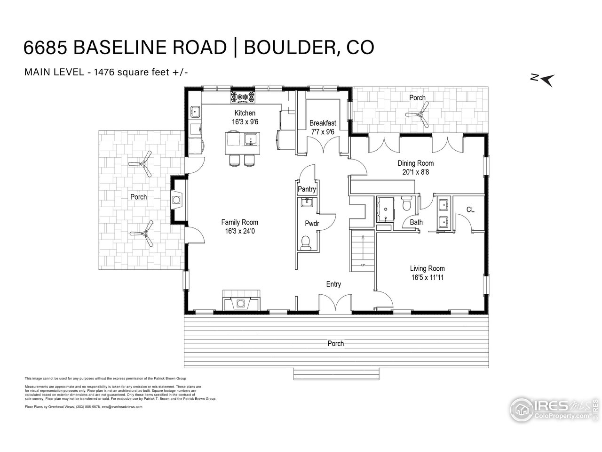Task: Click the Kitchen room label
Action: pyautogui.click(x=245, y=113)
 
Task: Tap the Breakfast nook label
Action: pyautogui.click(x=323, y=123)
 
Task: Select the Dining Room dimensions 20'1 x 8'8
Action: pyautogui.click(x=415, y=172)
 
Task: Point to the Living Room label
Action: pyautogui.click(x=427, y=269)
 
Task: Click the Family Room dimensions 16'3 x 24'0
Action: pyautogui.click(x=240, y=231)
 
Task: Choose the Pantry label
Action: pyautogui.click(x=307, y=189)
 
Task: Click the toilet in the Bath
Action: pyautogui.click(x=407, y=204)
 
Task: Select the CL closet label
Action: pyautogui.click(x=470, y=210)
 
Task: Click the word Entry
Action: pyautogui.click(x=333, y=284)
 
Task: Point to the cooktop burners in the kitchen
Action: pyautogui.click(x=242, y=97)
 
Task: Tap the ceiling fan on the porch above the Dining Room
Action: pyautogui.click(x=418, y=114)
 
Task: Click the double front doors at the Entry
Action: pyautogui.click(x=335, y=304)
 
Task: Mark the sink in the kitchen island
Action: pyautogui.click(x=250, y=139)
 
